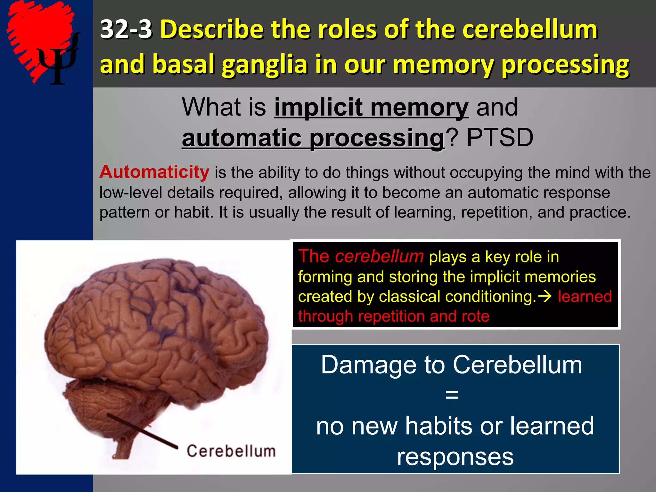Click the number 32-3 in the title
pos(126,29)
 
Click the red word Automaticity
pos(154,172)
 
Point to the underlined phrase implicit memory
pos(371,107)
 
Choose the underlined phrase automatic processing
pos(313,138)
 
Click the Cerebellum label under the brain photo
pos(231,451)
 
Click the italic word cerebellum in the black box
pos(379,257)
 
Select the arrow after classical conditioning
pos(545,296)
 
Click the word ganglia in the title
pos(265,64)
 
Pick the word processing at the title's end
pos(565,64)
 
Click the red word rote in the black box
pos(475,316)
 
